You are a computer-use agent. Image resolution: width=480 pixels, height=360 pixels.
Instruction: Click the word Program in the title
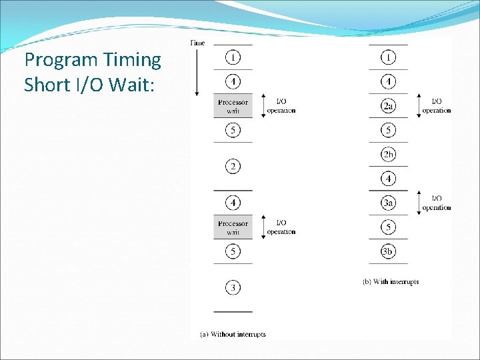tap(61, 61)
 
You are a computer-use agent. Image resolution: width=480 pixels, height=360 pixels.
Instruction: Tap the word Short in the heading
tap(47, 85)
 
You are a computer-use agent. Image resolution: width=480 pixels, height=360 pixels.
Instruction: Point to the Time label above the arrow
tap(198, 43)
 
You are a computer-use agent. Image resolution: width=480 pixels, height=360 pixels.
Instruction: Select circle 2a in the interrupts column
tap(388, 106)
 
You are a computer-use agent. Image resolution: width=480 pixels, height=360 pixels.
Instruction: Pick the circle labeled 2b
tap(388, 155)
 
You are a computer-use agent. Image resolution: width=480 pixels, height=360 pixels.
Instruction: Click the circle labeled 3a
tap(388, 203)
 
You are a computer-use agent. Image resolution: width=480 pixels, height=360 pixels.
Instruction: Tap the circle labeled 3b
tap(388, 251)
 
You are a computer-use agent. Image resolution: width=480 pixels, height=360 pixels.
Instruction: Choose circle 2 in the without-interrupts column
tap(233, 166)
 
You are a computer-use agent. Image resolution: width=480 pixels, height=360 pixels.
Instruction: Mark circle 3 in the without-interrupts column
tap(233, 287)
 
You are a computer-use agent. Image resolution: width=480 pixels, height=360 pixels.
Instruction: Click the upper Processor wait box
tap(233, 106)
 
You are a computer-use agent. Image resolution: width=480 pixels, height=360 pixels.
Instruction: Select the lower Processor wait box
tap(233, 227)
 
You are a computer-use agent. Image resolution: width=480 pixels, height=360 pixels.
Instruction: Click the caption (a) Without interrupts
tap(233, 334)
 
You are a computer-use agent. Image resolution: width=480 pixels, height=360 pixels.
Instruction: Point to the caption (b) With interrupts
tap(391, 282)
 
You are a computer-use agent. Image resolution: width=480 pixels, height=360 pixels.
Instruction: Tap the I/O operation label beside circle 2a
tap(437, 106)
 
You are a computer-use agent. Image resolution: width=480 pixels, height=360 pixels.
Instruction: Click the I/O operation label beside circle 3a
tap(437, 203)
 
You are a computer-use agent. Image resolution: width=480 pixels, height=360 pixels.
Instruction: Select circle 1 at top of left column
tap(233, 57)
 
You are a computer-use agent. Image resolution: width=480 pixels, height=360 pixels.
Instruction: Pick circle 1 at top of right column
tap(388, 57)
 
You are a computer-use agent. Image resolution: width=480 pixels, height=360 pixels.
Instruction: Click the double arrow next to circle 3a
tap(418, 203)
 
